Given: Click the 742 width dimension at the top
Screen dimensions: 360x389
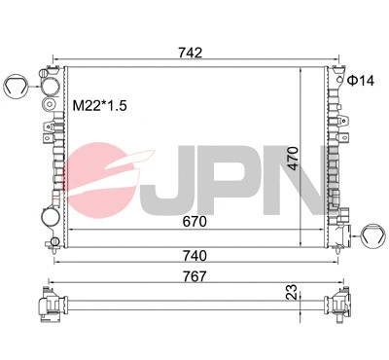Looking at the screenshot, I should pyautogui.click(x=192, y=53).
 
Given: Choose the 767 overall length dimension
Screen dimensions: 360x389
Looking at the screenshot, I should pyautogui.click(x=193, y=275).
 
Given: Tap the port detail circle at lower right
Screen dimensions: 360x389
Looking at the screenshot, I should pyautogui.click(x=372, y=232).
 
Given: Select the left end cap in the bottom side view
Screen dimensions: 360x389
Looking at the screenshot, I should pyautogui.click(x=47, y=304).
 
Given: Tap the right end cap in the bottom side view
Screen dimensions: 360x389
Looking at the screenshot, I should pyautogui.click(x=340, y=304).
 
